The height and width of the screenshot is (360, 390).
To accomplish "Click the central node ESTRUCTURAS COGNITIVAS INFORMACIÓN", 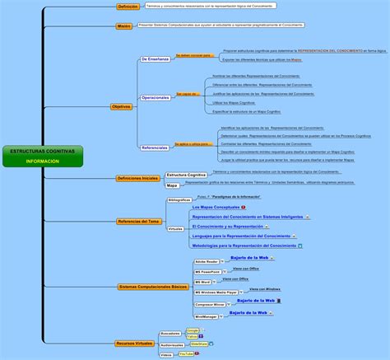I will pos(42,157).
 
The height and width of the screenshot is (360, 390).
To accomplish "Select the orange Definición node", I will pos(128,7).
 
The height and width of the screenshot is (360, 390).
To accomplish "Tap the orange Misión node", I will pos(123,26).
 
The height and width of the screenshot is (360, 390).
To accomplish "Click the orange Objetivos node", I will pos(121,107).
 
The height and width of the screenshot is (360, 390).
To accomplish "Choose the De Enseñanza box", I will pos(155,59).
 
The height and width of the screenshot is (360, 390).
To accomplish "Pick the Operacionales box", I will pos(155,97).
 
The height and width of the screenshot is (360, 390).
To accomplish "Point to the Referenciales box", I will pos(155,147).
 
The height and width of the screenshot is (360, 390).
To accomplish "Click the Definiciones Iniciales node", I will pos(137,178).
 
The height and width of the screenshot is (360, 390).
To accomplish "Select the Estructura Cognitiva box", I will pos(186,175).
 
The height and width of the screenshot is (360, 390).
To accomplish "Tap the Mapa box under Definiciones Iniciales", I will pos(172,185).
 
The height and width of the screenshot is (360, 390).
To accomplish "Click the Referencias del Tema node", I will pos(139,221).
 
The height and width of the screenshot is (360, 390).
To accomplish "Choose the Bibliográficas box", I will pos(179,200).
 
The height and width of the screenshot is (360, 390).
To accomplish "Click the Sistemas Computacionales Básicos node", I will pos(152,287).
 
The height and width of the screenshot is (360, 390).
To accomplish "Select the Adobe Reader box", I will pos(207,260).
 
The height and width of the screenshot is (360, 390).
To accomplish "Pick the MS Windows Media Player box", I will pos(216,292).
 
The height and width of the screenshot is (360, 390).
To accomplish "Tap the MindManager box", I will pos(206,316).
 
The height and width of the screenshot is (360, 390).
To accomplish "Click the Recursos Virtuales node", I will pos(134,343).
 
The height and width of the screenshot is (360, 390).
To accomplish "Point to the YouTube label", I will pos(186,353).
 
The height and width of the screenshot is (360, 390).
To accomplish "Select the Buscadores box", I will pos(170,333).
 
